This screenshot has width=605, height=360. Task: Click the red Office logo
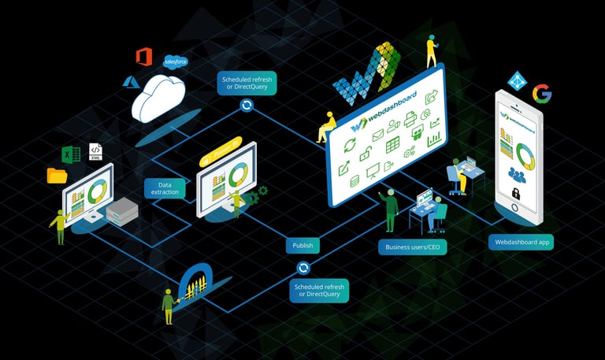point(143,57)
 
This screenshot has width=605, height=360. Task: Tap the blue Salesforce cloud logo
point(173,61)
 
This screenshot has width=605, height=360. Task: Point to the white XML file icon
point(95,150)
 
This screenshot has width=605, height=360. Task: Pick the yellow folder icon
point(57,175)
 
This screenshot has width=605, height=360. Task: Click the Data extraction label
point(165,187)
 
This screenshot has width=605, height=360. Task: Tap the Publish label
point(302,245)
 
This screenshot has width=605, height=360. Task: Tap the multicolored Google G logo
point(541,95)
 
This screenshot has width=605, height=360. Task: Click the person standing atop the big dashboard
point(431,51)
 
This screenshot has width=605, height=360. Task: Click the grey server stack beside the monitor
point(121,209)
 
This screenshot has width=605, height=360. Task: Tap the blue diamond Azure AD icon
point(517,80)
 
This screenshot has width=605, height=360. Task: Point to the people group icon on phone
point(517,173)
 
